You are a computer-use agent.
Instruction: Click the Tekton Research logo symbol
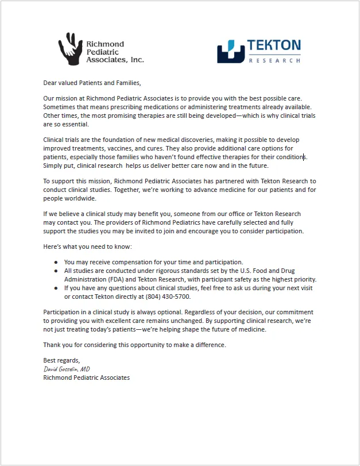[x=230, y=51]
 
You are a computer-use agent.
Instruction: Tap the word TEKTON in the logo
[x=274, y=45]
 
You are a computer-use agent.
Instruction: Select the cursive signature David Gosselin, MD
[x=67, y=369]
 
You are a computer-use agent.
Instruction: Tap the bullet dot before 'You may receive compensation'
[x=56, y=262]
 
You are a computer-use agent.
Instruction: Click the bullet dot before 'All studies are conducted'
[x=56, y=271]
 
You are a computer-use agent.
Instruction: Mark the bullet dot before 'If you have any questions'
[x=56, y=288]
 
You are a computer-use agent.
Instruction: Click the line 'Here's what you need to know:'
[x=87, y=247]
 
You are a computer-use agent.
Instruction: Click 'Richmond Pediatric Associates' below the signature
[x=86, y=378]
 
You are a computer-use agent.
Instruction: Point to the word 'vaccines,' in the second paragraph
[x=115, y=148]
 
